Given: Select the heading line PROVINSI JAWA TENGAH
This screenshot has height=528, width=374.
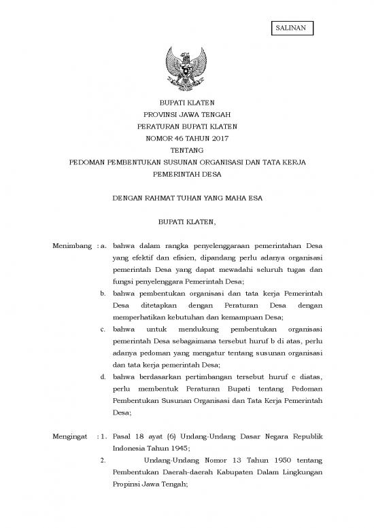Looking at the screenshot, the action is click(186, 115).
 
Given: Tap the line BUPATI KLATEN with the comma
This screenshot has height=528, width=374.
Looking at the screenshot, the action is click(186, 222).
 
